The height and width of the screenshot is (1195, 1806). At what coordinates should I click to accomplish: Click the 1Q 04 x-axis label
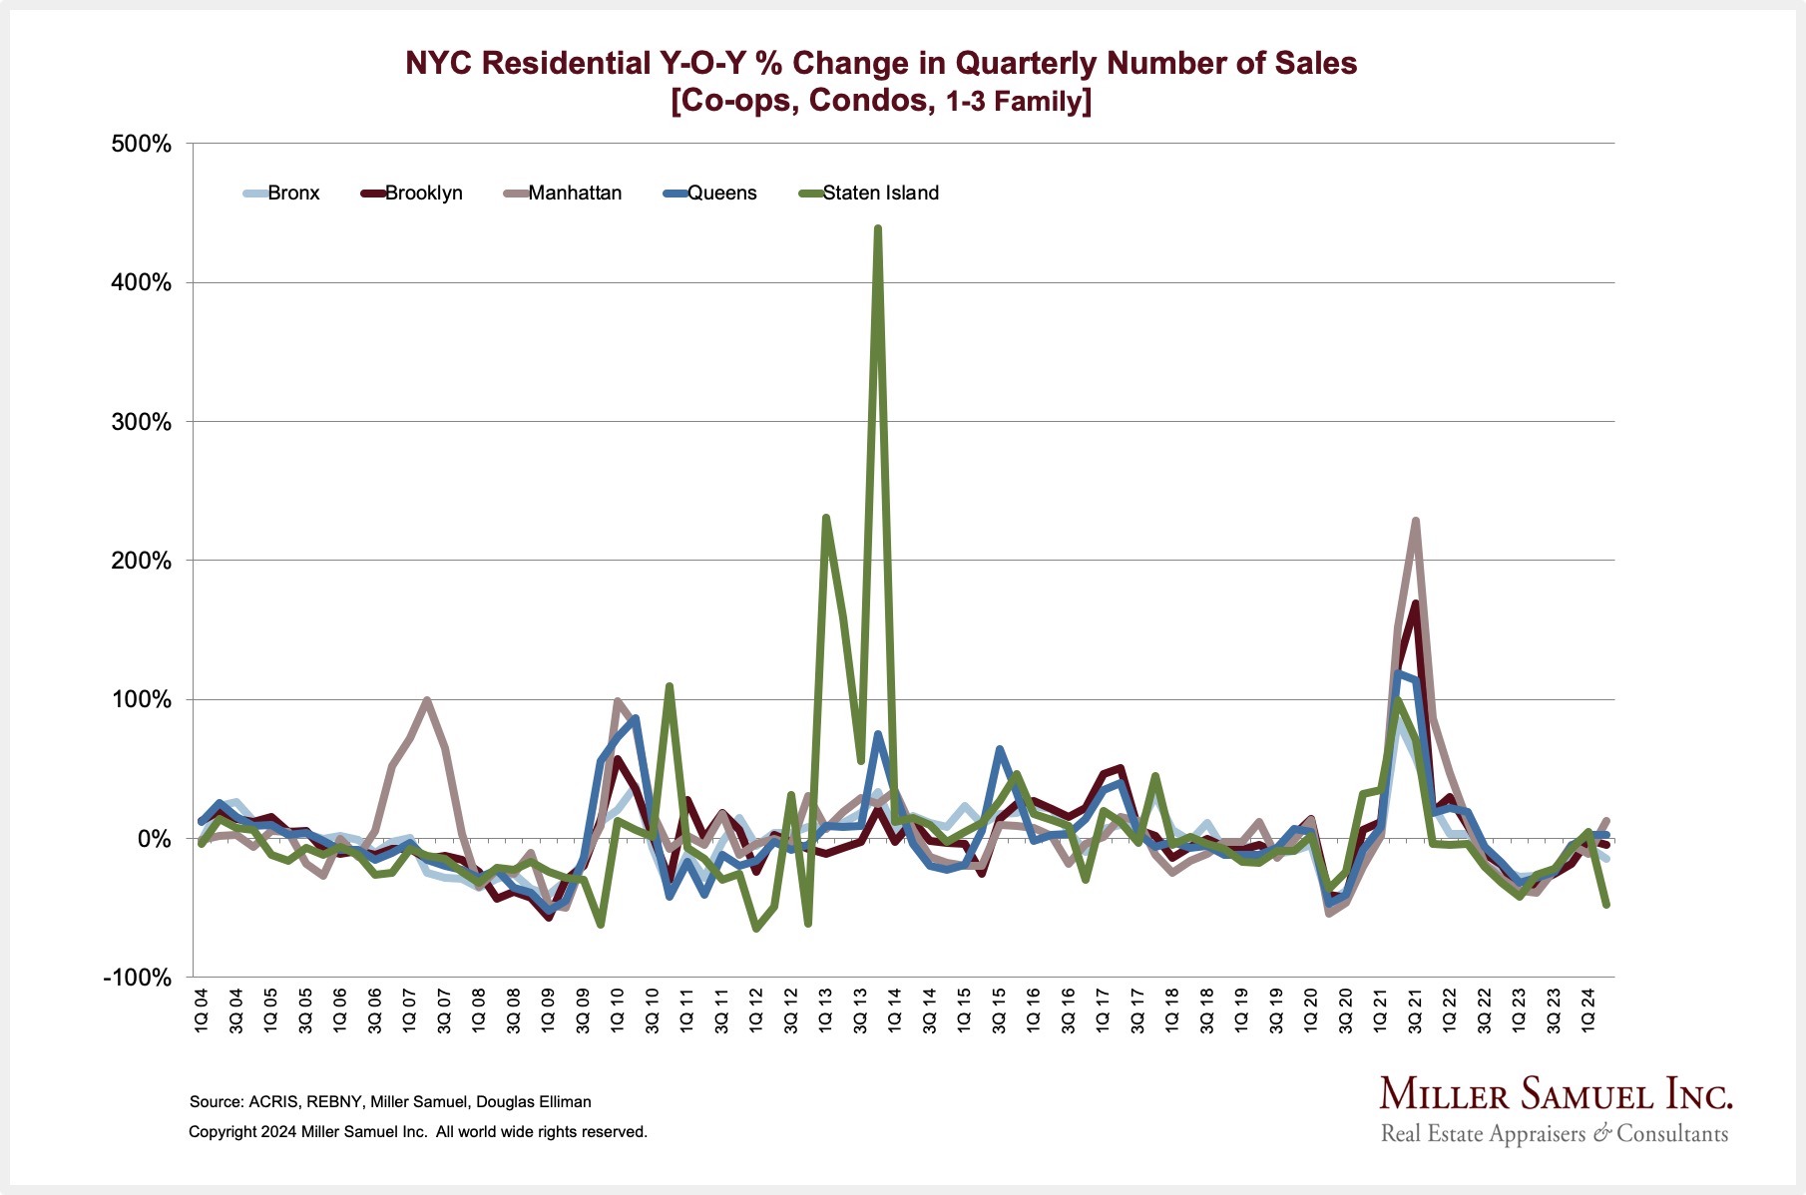pyautogui.click(x=202, y=1010)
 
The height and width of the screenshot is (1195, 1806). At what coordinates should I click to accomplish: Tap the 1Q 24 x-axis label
pyautogui.click(x=1588, y=1010)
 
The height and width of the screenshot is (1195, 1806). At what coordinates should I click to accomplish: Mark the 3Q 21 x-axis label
pyautogui.click(x=1415, y=1010)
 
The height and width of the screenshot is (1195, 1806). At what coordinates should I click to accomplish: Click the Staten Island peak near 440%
pyautogui.click(x=878, y=228)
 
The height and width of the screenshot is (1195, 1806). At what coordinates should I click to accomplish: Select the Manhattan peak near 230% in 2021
pyautogui.click(x=1416, y=521)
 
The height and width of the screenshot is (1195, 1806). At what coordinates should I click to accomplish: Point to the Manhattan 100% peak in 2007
pyautogui.click(x=427, y=700)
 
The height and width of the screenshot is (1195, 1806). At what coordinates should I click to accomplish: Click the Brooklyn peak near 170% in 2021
pyautogui.click(x=1416, y=603)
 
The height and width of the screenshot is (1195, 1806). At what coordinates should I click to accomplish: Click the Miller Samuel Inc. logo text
pyautogui.click(x=1556, y=1095)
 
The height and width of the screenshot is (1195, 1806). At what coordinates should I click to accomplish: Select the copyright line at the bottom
pyautogui.click(x=418, y=1132)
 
